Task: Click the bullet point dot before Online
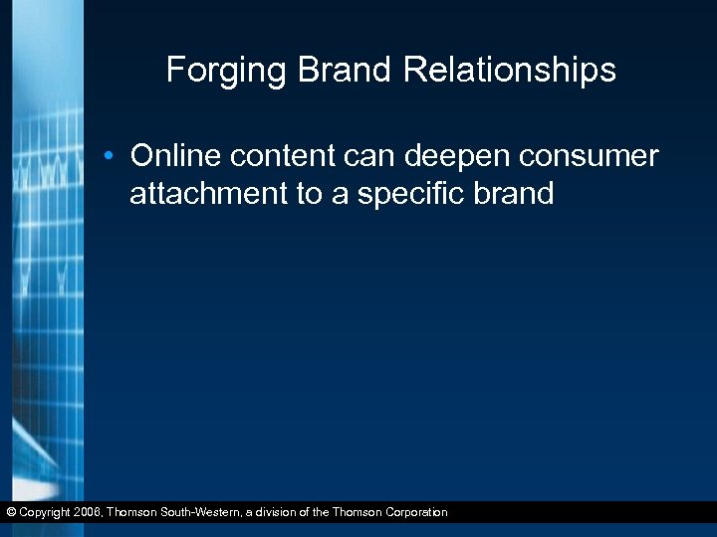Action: pos(117,157)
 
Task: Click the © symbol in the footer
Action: pos(10,513)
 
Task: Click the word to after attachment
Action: pos(308,193)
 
